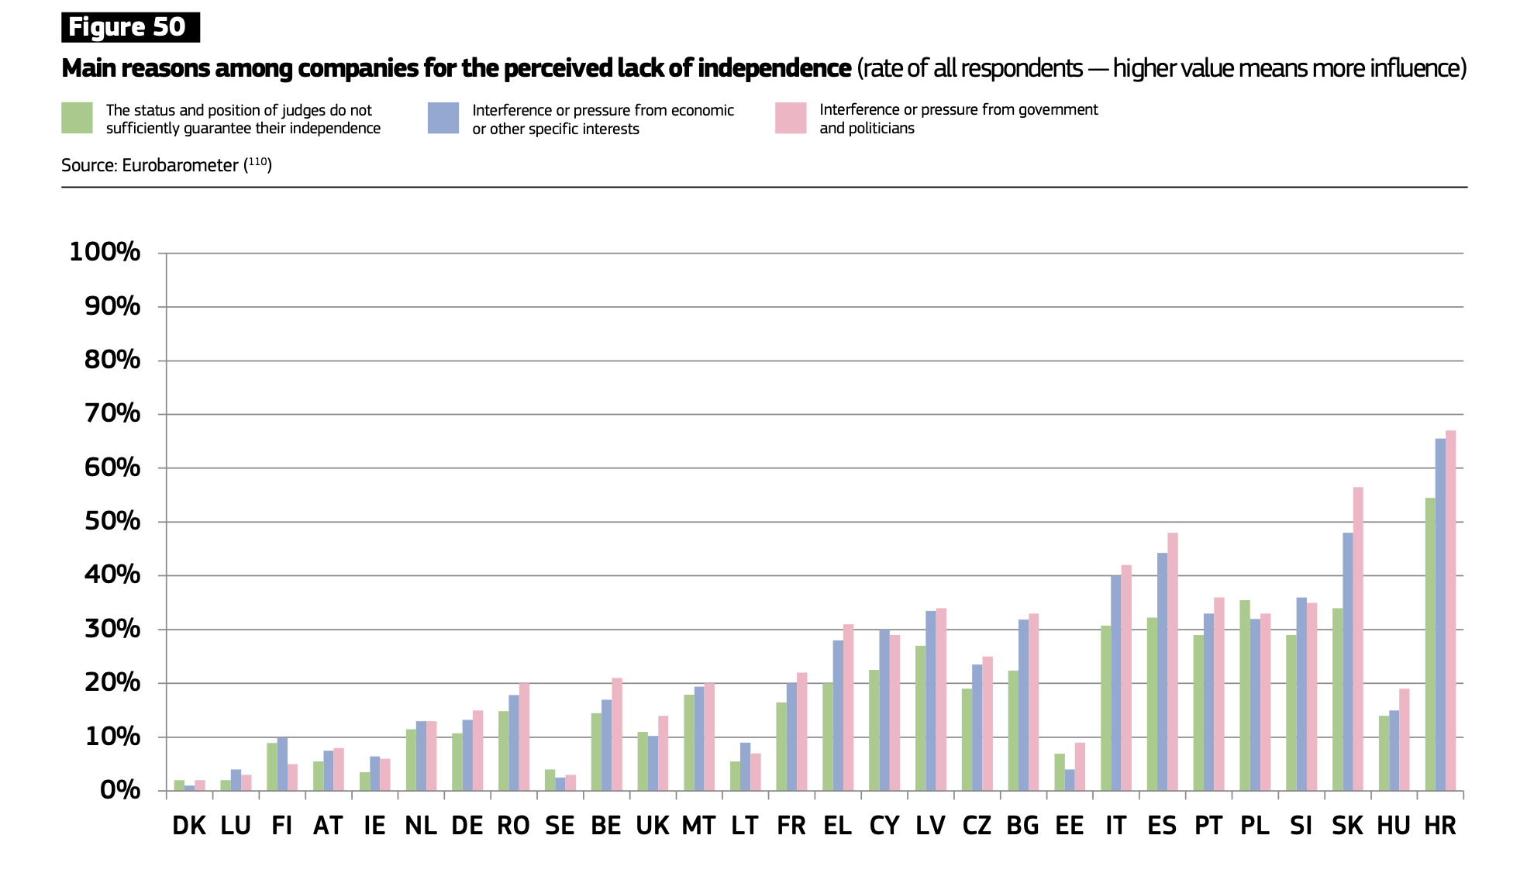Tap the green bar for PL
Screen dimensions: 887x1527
tap(1245, 695)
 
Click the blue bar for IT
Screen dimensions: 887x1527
tap(1116, 683)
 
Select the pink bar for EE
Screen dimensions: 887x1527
tap(1080, 767)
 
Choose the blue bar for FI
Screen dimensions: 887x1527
tap(282, 764)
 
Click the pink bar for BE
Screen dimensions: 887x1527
tap(617, 734)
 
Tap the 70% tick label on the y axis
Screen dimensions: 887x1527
tap(112, 413)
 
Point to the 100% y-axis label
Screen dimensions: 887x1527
tap(105, 252)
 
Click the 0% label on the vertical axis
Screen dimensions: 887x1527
tap(120, 790)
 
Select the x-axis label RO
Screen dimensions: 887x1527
tap(513, 826)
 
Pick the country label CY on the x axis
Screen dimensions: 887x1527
tap(884, 826)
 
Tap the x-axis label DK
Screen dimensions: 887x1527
tap(189, 826)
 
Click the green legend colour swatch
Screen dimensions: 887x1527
tap(77, 118)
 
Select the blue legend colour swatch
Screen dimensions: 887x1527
tap(443, 118)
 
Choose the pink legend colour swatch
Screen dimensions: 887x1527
tap(791, 118)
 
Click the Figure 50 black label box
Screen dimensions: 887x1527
tap(130, 27)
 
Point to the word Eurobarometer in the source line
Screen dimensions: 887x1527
tap(180, 165)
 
